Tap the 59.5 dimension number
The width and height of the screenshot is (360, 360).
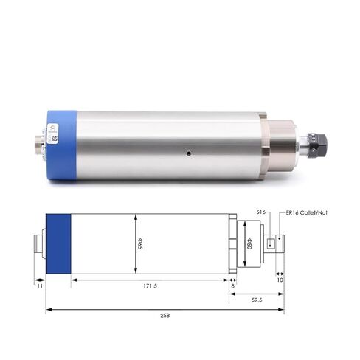[257, 300]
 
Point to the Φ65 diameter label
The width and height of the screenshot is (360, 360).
[141, 243]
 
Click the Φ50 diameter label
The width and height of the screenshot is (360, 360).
[249, 243]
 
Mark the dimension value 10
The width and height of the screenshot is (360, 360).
[280, 280]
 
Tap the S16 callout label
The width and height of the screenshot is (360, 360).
[260, 212]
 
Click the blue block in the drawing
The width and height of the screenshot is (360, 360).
[58, 243]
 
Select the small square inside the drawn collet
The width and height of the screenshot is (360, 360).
[272, 243]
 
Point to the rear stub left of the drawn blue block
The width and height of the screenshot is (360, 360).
[40, 243]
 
